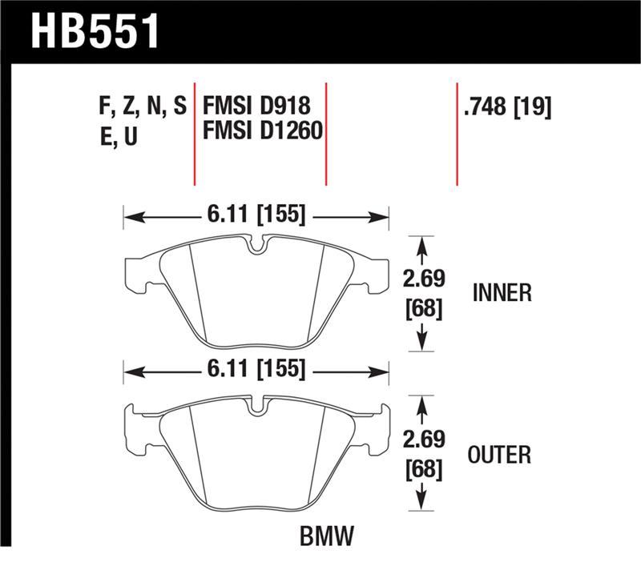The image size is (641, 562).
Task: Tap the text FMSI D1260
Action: click(263, 130)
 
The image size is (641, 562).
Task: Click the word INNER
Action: click(502, 293)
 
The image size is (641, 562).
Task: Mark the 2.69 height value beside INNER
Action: click(423, 279)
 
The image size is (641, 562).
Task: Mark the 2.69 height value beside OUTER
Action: click(423, 440)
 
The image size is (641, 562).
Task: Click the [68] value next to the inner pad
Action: click(423, 307)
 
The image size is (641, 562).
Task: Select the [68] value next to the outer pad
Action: click(423, 469)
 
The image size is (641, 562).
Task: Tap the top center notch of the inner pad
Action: click(256, 244)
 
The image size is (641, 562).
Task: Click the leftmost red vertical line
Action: click(195, 133)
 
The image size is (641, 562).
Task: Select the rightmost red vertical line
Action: click(457, 133)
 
